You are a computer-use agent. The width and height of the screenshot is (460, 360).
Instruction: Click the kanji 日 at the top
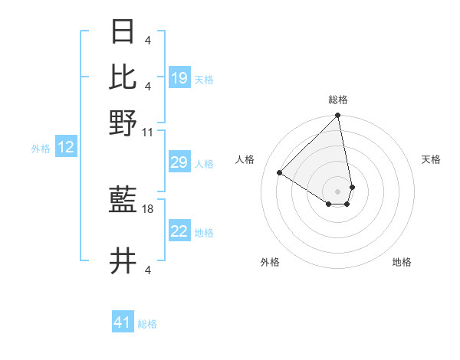point(123,33)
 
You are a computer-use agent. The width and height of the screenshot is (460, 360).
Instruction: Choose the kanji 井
point(123,261)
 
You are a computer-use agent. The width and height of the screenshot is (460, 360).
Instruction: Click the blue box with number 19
point(179,77)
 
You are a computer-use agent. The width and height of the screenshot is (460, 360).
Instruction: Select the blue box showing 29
point(179,163)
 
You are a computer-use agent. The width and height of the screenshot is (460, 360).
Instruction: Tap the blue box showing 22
point(179,232)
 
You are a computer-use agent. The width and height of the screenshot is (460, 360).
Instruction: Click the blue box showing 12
point(66,148)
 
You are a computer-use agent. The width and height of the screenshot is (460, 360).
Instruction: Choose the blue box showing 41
point(123,322)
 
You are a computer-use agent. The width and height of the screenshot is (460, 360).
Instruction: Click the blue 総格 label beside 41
point(147,324)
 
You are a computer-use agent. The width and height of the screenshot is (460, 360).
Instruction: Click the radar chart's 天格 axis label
point(431,159)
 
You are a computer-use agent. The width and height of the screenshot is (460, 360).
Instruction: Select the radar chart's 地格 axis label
point(402,262)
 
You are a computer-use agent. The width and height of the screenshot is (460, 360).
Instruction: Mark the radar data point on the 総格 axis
point(337,116)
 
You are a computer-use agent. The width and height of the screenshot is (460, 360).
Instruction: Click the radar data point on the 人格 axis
point(280,173)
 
